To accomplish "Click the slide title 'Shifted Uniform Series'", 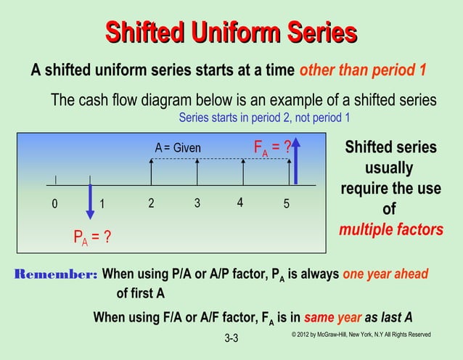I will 231,33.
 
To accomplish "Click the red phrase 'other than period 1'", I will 362,71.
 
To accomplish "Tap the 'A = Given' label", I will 178,149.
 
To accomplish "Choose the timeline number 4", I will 239,202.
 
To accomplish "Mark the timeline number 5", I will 287,204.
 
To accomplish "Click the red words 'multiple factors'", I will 390,230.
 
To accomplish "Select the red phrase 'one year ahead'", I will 385,274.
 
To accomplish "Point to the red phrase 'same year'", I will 332,317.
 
